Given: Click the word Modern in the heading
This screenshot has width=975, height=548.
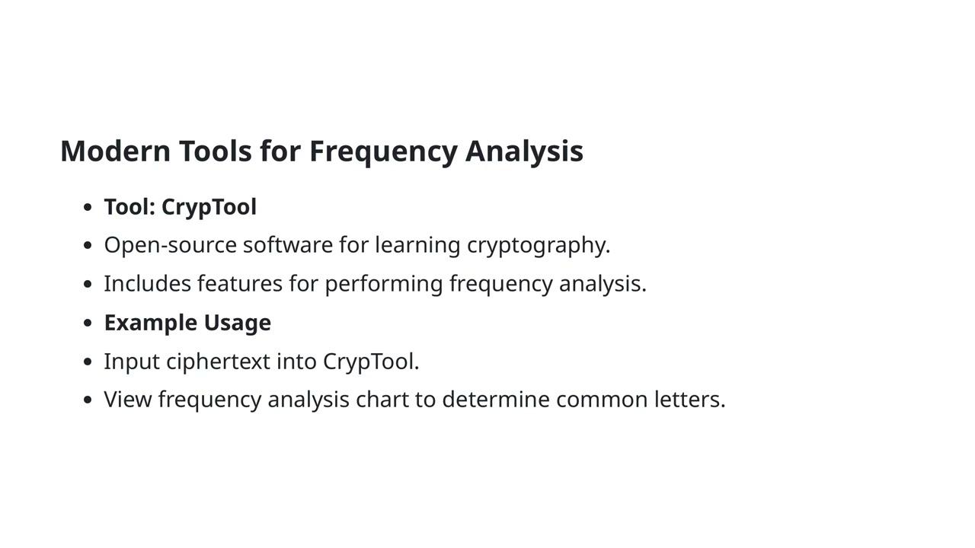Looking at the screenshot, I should point(115,151).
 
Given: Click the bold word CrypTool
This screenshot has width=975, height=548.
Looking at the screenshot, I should point(209,207).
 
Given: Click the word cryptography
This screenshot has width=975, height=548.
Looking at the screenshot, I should point(538,246).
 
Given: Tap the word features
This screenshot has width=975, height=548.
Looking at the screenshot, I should point(240,283).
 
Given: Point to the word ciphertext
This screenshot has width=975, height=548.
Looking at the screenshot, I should point(218,362).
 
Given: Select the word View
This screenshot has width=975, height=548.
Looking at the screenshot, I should point(128,400).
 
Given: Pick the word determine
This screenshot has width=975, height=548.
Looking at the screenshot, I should point(495,400).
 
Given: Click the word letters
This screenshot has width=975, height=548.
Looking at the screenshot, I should point(689,400).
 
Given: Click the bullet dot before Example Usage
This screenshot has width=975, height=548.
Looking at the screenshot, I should point(88,323).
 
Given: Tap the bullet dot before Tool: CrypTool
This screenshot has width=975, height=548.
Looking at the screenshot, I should point(88,207).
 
